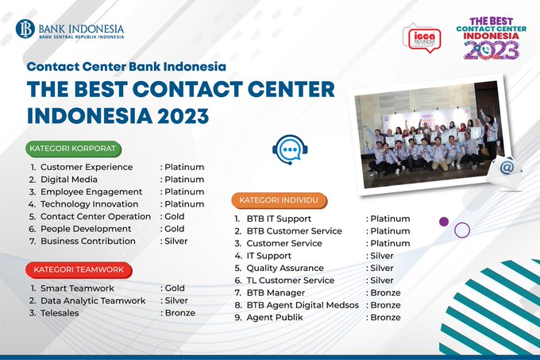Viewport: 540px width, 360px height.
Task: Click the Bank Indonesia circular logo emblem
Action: [x=25, y=29]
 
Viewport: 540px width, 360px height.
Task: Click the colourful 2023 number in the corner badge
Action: [x=491, y=50]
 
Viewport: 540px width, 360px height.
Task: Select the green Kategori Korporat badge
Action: [x=73, y=149]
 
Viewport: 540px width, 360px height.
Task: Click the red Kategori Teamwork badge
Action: [x=79, y=269]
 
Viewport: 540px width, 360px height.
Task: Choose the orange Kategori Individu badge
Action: [x=279, y=200]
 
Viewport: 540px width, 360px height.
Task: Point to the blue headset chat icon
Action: [x=290, y=149]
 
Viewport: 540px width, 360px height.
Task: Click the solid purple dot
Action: [x=444, y=222]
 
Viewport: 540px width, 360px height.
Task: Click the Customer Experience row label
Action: [x=87, y=167]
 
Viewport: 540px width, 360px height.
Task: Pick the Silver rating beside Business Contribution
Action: [x=176, y=241]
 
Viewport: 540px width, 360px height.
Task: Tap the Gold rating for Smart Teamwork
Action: [x=175, y=288]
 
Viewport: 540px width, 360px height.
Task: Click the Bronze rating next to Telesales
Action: [x=179, y=313]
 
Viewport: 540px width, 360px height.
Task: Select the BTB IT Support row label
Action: [x=279, y=219]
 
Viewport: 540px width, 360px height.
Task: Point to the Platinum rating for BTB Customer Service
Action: [x=390, y=231]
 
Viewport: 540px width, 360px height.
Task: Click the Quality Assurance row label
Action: [x=285, y=268]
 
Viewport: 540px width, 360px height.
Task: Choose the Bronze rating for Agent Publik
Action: [x=385, y=317]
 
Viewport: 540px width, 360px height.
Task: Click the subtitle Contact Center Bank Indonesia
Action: [x=126, y=66]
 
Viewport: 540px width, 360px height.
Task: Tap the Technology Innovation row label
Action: [x=89, y=204]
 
